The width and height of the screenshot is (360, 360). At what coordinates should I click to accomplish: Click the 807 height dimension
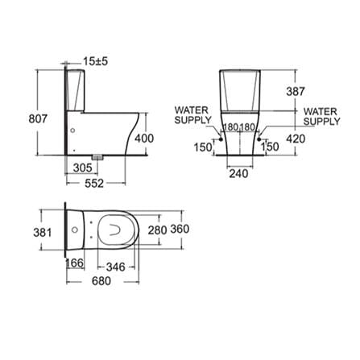click(x=38, y=118)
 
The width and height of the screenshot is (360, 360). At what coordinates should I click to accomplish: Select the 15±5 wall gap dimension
click(x=95, y=61)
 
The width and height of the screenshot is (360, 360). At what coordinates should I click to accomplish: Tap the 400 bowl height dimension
click(x=144, y=139)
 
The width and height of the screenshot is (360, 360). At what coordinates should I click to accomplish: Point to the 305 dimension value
click(x=83, y=168)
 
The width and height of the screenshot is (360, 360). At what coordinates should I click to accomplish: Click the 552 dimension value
click(x=94, y=184)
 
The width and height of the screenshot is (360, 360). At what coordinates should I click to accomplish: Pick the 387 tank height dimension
click(x=296, y=92)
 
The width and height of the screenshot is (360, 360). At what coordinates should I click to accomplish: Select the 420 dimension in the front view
click(x=296, y=139)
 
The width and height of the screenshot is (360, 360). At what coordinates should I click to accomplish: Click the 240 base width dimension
click(x=238, y=174)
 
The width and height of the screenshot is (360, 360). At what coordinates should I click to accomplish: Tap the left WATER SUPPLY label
click(x=192, y=115)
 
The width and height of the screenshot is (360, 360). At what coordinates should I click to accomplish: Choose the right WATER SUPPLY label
click(x=321, y=116)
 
